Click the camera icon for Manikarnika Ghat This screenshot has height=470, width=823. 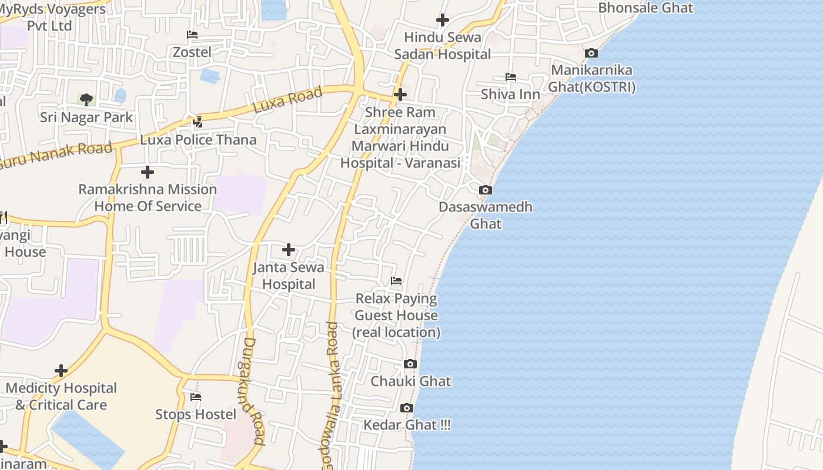(591, 53)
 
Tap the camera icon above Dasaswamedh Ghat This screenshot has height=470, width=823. (486, 190)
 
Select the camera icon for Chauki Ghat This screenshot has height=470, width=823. (410, 364)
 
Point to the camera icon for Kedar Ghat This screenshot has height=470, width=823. (406, 408)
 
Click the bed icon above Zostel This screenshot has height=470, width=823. (192, 35)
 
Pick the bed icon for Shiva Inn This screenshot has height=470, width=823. (510, 77)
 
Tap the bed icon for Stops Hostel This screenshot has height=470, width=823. (196, 397)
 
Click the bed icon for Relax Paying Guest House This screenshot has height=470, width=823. (396, 281)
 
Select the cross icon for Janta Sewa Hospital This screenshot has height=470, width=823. (289, 250)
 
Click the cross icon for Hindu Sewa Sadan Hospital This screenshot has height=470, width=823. (443, 20)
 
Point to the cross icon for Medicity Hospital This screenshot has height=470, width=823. (61, 371)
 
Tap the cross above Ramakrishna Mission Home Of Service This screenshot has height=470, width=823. (148, 172)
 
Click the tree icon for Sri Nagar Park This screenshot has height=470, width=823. (86, 99)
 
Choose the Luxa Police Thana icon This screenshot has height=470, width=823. (198, 122)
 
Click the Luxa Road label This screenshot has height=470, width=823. (288, 100)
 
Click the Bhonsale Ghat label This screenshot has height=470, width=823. (645, 8)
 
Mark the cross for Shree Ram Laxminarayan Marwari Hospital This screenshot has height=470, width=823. (400, 95)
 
